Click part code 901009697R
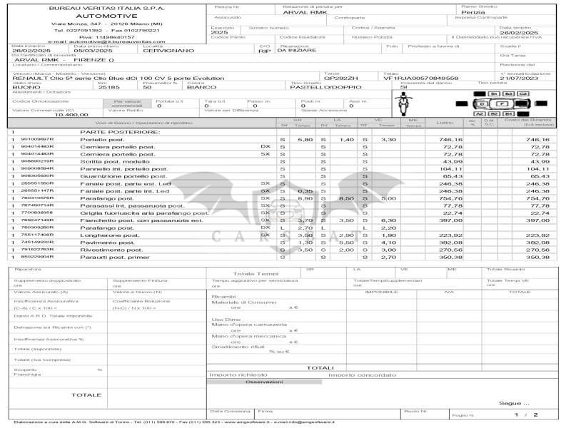(38, 139)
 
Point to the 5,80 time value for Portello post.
(305, 139)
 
